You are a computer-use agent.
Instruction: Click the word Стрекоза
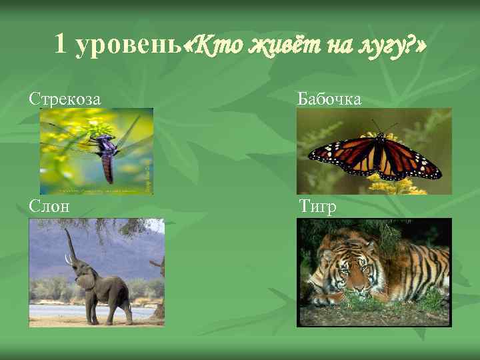click(65, 99)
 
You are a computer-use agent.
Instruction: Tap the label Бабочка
click(329, 99)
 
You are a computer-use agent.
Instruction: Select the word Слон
click(49, 206)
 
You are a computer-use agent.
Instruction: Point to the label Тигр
click(317, 206)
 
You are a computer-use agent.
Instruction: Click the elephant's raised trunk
click(69, 247)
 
